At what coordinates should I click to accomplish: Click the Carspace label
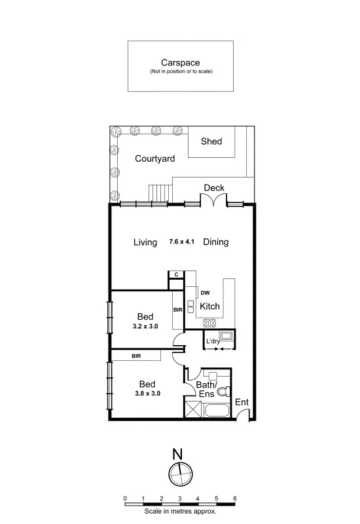[180, 64]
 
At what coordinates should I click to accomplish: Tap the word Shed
[211, 141]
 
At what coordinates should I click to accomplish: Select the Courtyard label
[154, 158]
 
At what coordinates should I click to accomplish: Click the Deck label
[214, 188]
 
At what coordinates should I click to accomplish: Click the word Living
[145, 242]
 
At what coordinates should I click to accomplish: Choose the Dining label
[215, 242]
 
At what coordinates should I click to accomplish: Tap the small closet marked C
[176, 275]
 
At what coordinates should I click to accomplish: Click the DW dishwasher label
[205, 293]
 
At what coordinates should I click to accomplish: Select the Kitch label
[209, 307]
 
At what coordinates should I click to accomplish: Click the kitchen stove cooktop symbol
[209, 322]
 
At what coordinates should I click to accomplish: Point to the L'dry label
[213, 342]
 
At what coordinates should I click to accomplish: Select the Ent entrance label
[242, 402]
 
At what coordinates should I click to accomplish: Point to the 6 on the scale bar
[234, 498]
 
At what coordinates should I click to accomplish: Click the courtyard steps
[160, 193]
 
